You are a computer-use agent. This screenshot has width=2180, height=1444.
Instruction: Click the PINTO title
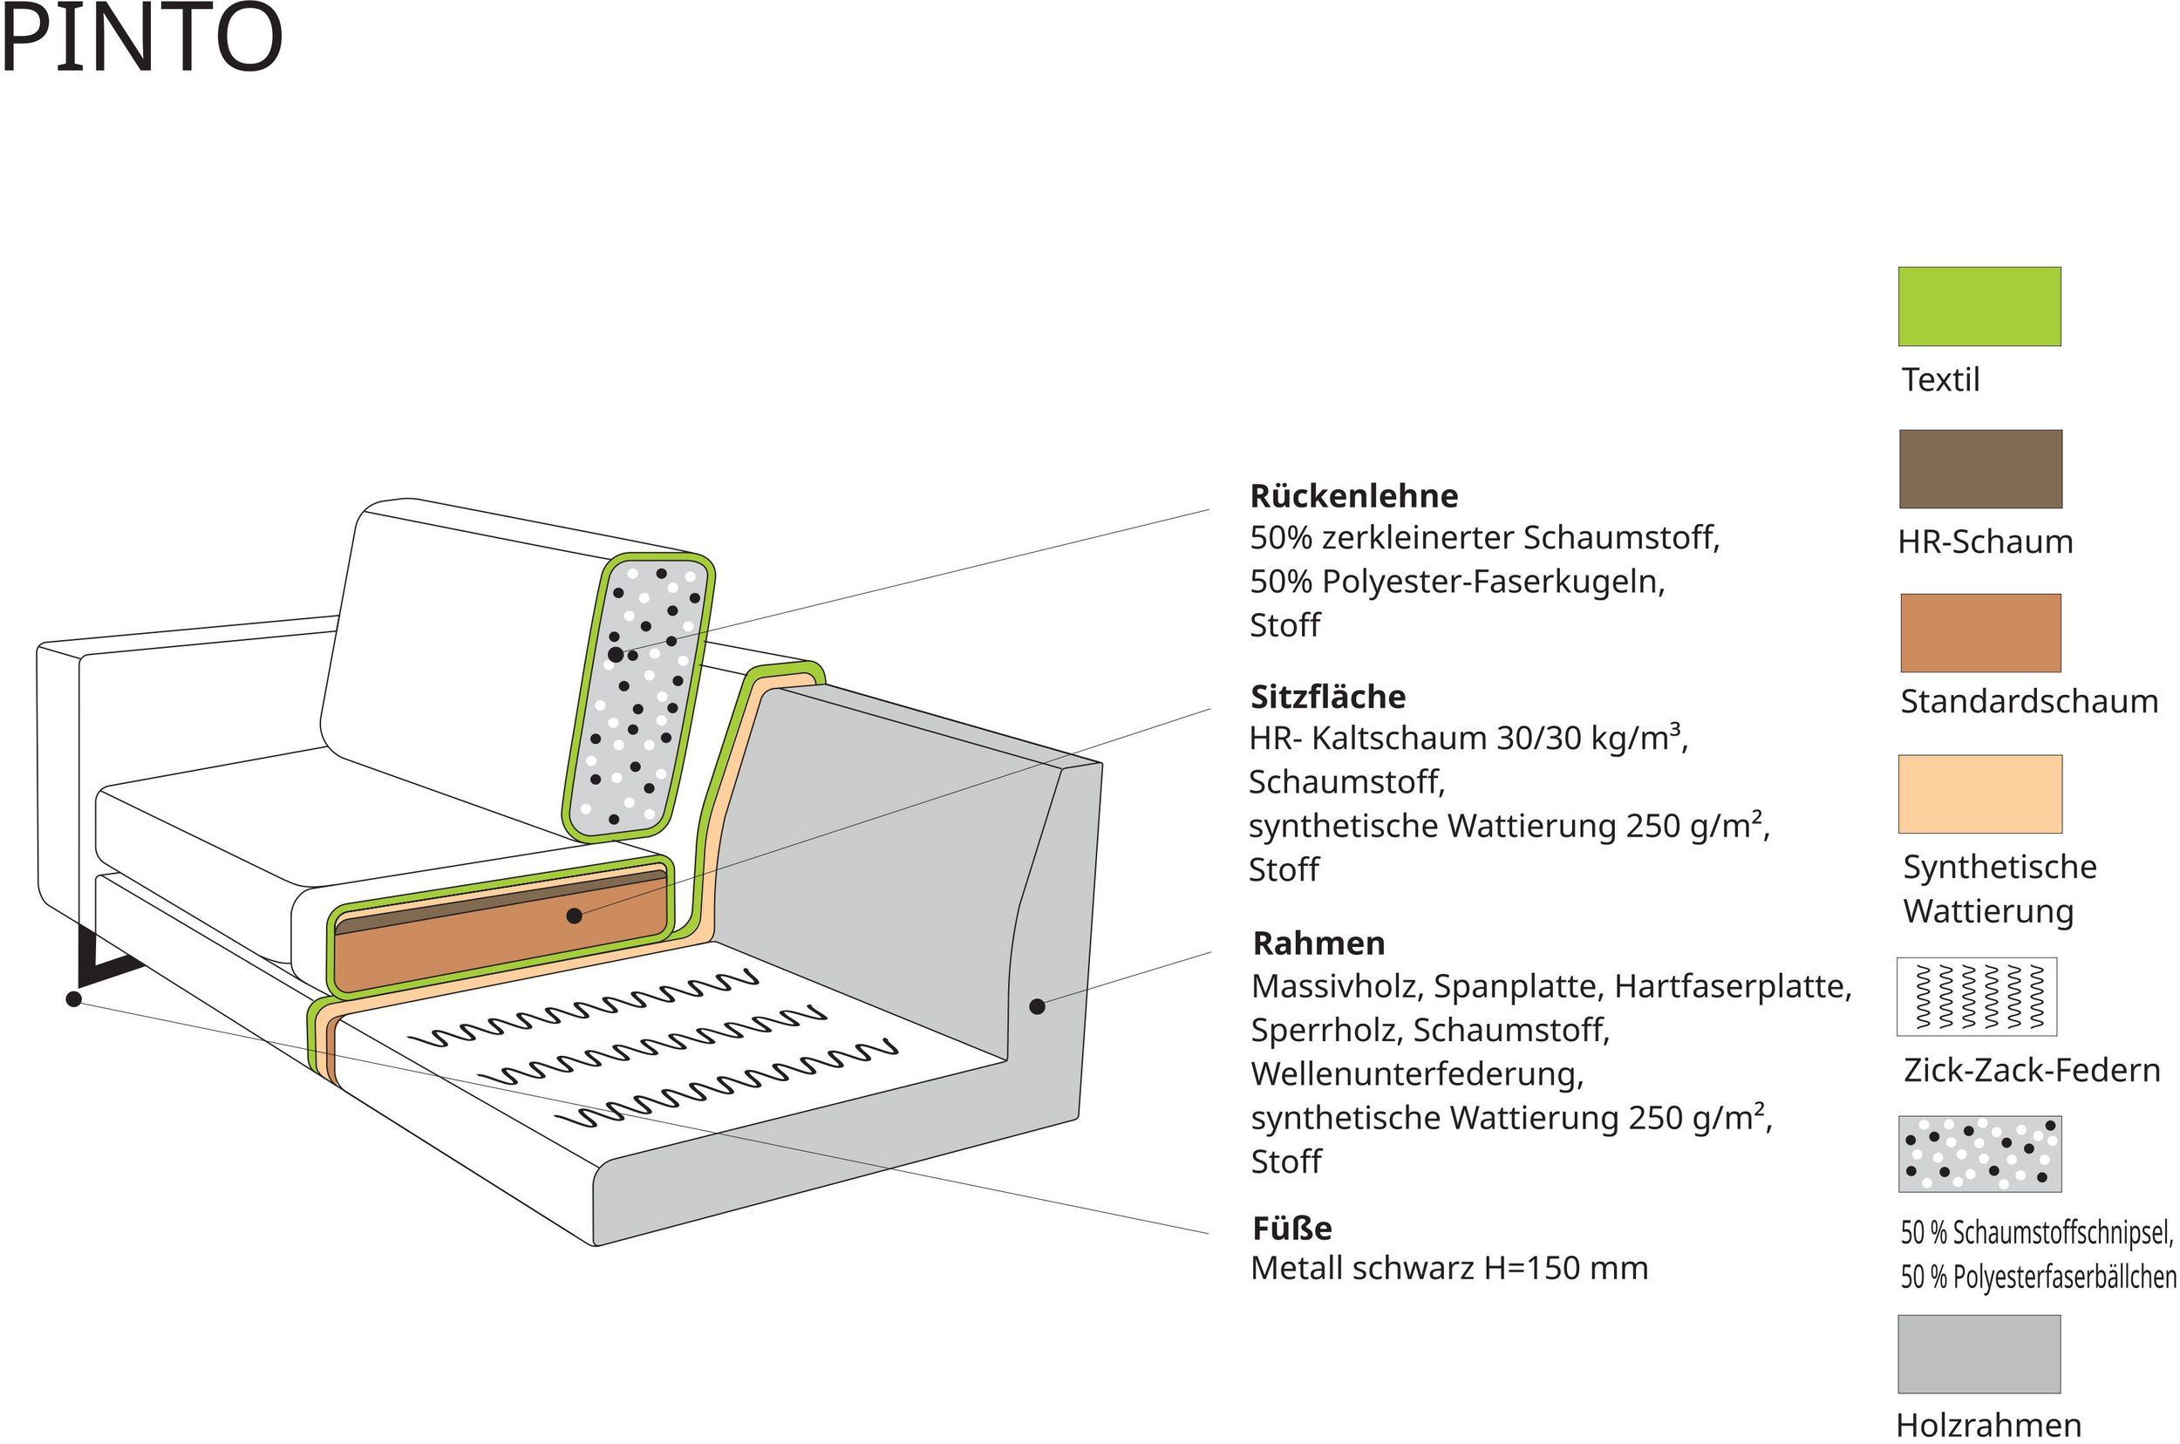141,38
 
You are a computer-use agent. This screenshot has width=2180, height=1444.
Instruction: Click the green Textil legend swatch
1979,307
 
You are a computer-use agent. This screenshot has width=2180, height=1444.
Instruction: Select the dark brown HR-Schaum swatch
1980,469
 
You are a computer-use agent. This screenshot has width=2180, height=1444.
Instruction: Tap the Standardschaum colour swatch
1980,633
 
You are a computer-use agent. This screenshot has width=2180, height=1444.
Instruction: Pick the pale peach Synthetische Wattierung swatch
1980,794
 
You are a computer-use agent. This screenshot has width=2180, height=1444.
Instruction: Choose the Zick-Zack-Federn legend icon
1977,997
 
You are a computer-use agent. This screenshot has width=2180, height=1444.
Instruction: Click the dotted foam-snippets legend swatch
1979,1154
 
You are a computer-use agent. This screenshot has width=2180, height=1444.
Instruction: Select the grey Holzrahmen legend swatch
1979,1353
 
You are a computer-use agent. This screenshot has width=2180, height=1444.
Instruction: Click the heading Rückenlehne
1353,496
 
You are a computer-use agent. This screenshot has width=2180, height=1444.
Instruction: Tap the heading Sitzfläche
1327,697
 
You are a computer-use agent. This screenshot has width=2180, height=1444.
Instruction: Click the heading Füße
1291,1229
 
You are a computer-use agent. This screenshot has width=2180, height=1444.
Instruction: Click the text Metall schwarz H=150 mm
1448,1269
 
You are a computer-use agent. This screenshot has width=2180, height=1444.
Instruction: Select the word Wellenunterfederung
1415,1073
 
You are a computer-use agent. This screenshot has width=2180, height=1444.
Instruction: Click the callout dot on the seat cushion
574,916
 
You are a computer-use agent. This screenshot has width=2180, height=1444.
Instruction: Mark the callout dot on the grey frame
1037,1006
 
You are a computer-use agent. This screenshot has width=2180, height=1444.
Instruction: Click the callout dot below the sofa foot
73,999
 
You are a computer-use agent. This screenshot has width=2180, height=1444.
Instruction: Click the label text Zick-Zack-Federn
2031,1070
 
